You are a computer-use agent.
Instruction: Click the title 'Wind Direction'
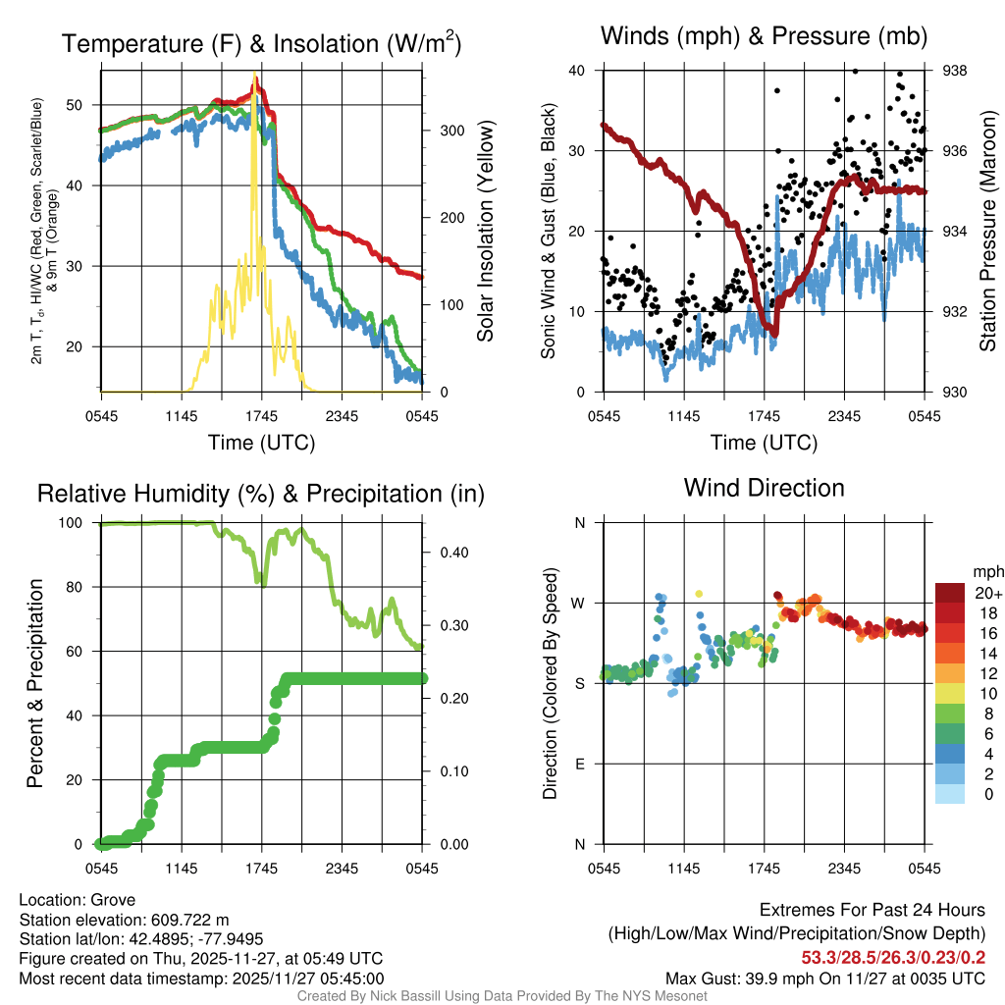[x=764, y=488]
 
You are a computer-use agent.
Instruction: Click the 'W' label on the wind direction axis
[x=580, y=603]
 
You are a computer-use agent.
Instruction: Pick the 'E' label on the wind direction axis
[x=580, y=764]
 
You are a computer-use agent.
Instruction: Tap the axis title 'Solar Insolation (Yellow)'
[x=486, y=232]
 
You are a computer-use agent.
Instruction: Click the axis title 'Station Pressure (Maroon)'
[x=988, y=232]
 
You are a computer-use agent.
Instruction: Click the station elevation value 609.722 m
[x=189, y=920]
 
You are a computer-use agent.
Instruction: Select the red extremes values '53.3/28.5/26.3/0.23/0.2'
[x=894, y=957]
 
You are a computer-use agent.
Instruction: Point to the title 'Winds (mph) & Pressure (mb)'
[x=764, y=37]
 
